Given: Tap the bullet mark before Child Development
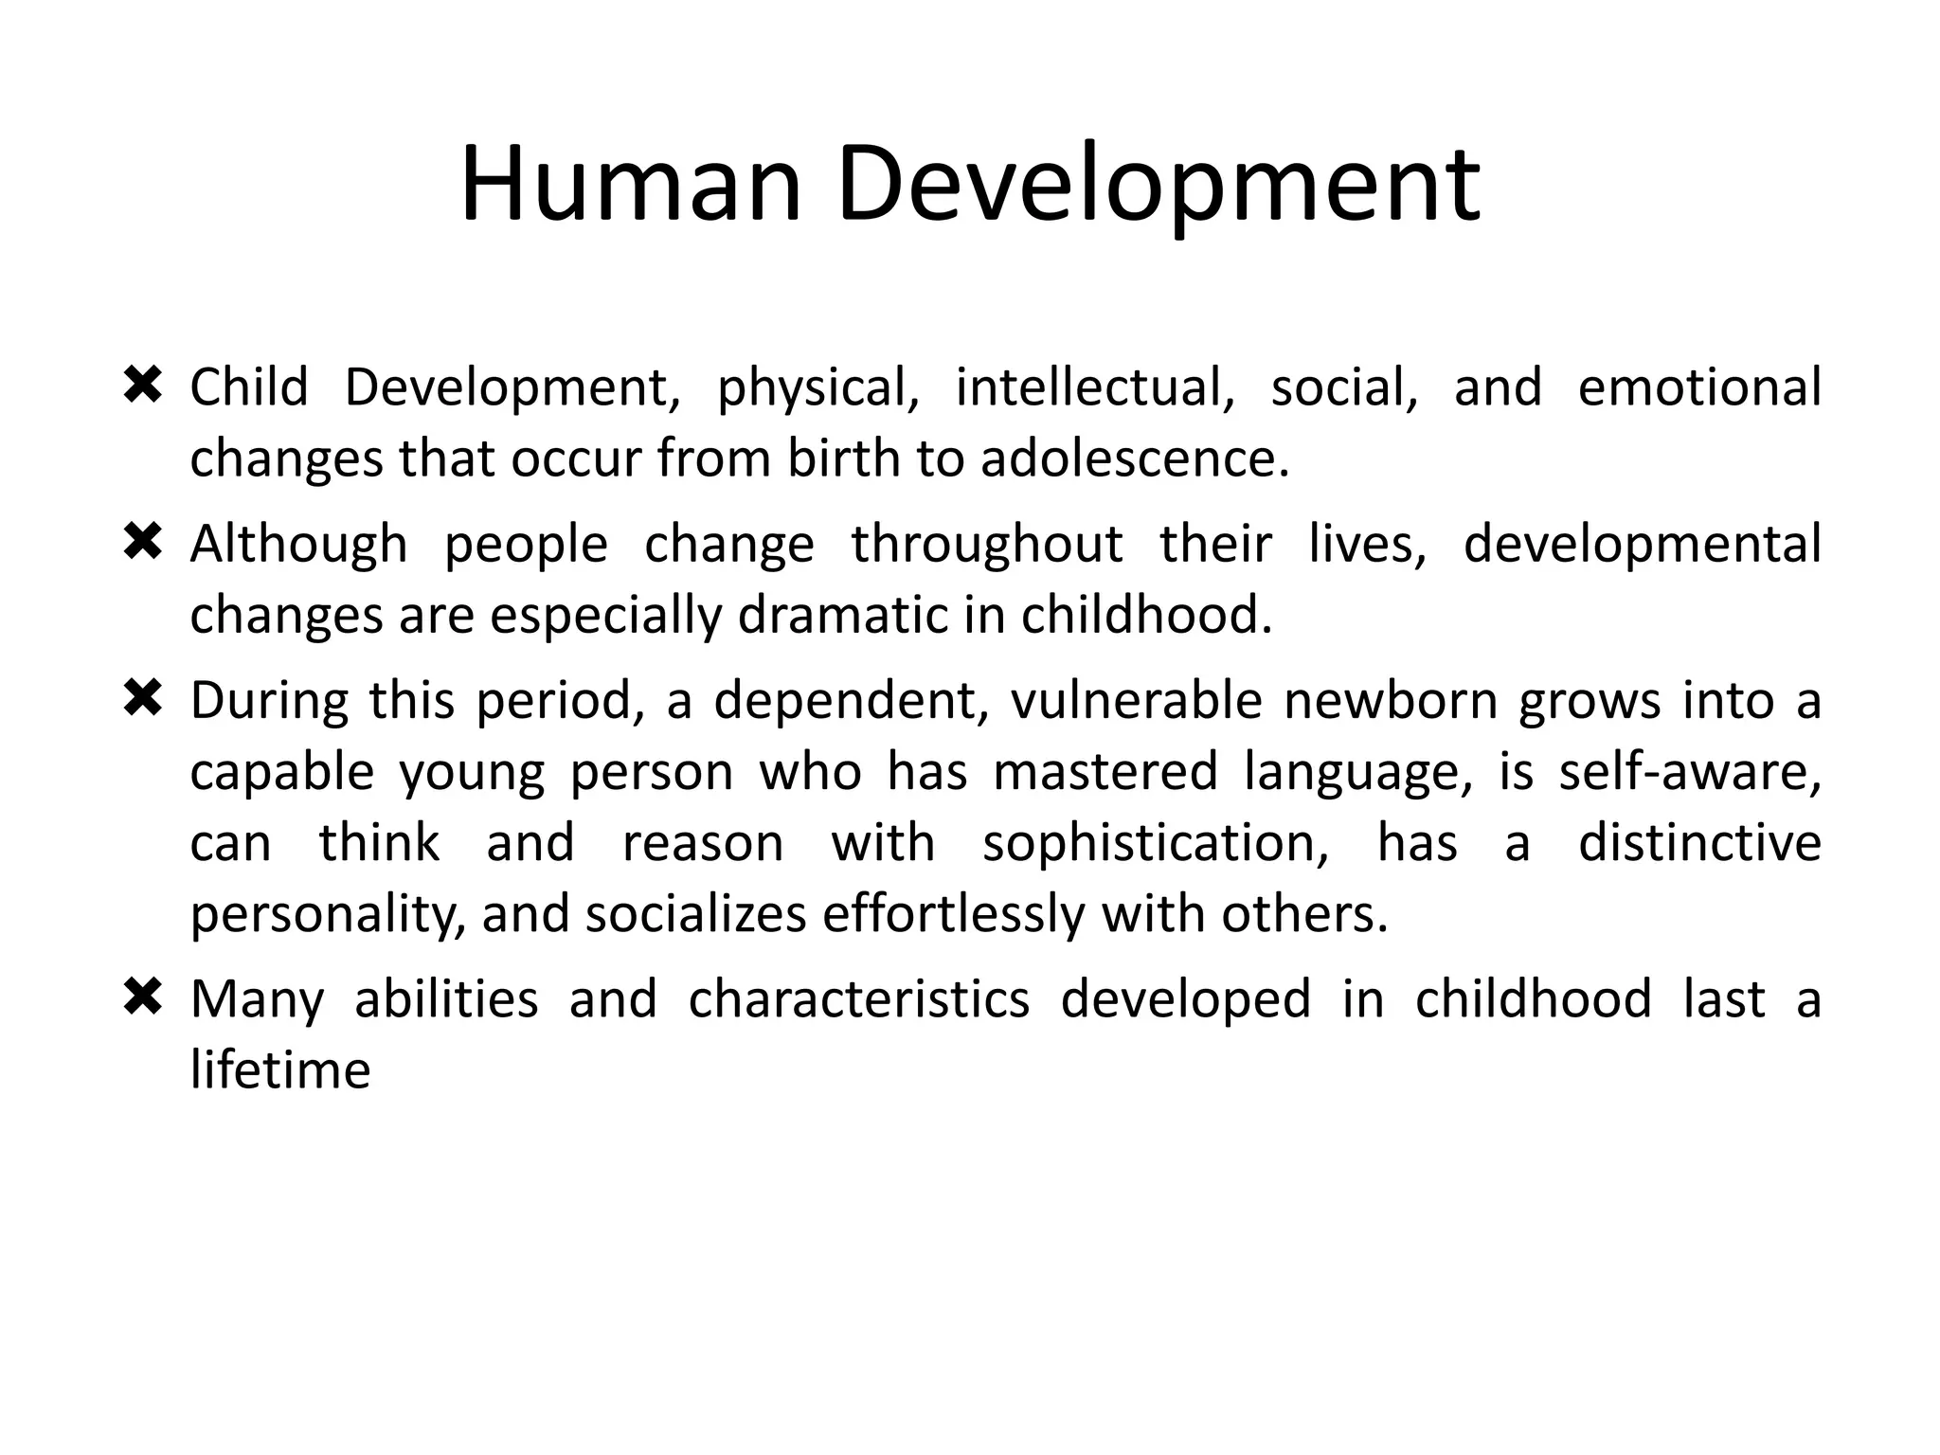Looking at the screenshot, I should click(x=143, y=386).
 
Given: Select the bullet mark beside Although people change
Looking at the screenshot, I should click(x=143, y=543).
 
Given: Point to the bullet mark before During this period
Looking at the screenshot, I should click(x=143, y=700).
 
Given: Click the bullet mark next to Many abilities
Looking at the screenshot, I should click(x=143, y=998).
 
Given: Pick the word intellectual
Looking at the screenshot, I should click(x=1094, y=388).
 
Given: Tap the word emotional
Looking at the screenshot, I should click(x=1698, y=388).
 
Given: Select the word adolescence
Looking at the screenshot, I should click(x=1134, y=459).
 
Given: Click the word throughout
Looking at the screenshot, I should click(x=986, y=546).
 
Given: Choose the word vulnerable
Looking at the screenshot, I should click(x=1136, y=702).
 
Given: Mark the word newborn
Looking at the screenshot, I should click(x=1387, y=702).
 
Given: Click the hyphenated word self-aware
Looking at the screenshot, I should click(x=1689, y=772).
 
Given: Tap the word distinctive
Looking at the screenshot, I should click(x=1698, y=843).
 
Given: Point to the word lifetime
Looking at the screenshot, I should click(x=280, y=1071).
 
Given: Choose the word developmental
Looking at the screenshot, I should click(x=1642, y=546).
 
